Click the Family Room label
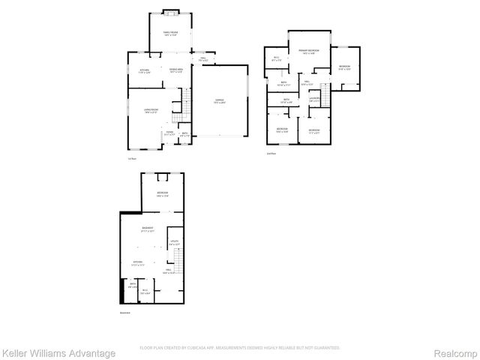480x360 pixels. pyautogui.click(x=172, y=33)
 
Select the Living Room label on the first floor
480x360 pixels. pyautogui.click(x=151, y=111)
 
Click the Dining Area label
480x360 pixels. pyautogui.click(x=176, y=71)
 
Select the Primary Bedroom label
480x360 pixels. pyautogui.click(x=308, y=51)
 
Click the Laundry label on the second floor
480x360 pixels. pyautogui.click(x=315, y=99)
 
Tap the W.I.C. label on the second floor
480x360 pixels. pyautogui.click(x=276, y=59)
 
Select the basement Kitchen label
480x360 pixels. pyautogui.click(x=137, y=263)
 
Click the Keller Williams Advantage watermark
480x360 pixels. pyautogui.click(x=58, y=353)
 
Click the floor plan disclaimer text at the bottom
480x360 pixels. pyautogui.click(x=240, y=348)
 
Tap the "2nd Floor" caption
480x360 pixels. pyautogui.click(x=271, y=153)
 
